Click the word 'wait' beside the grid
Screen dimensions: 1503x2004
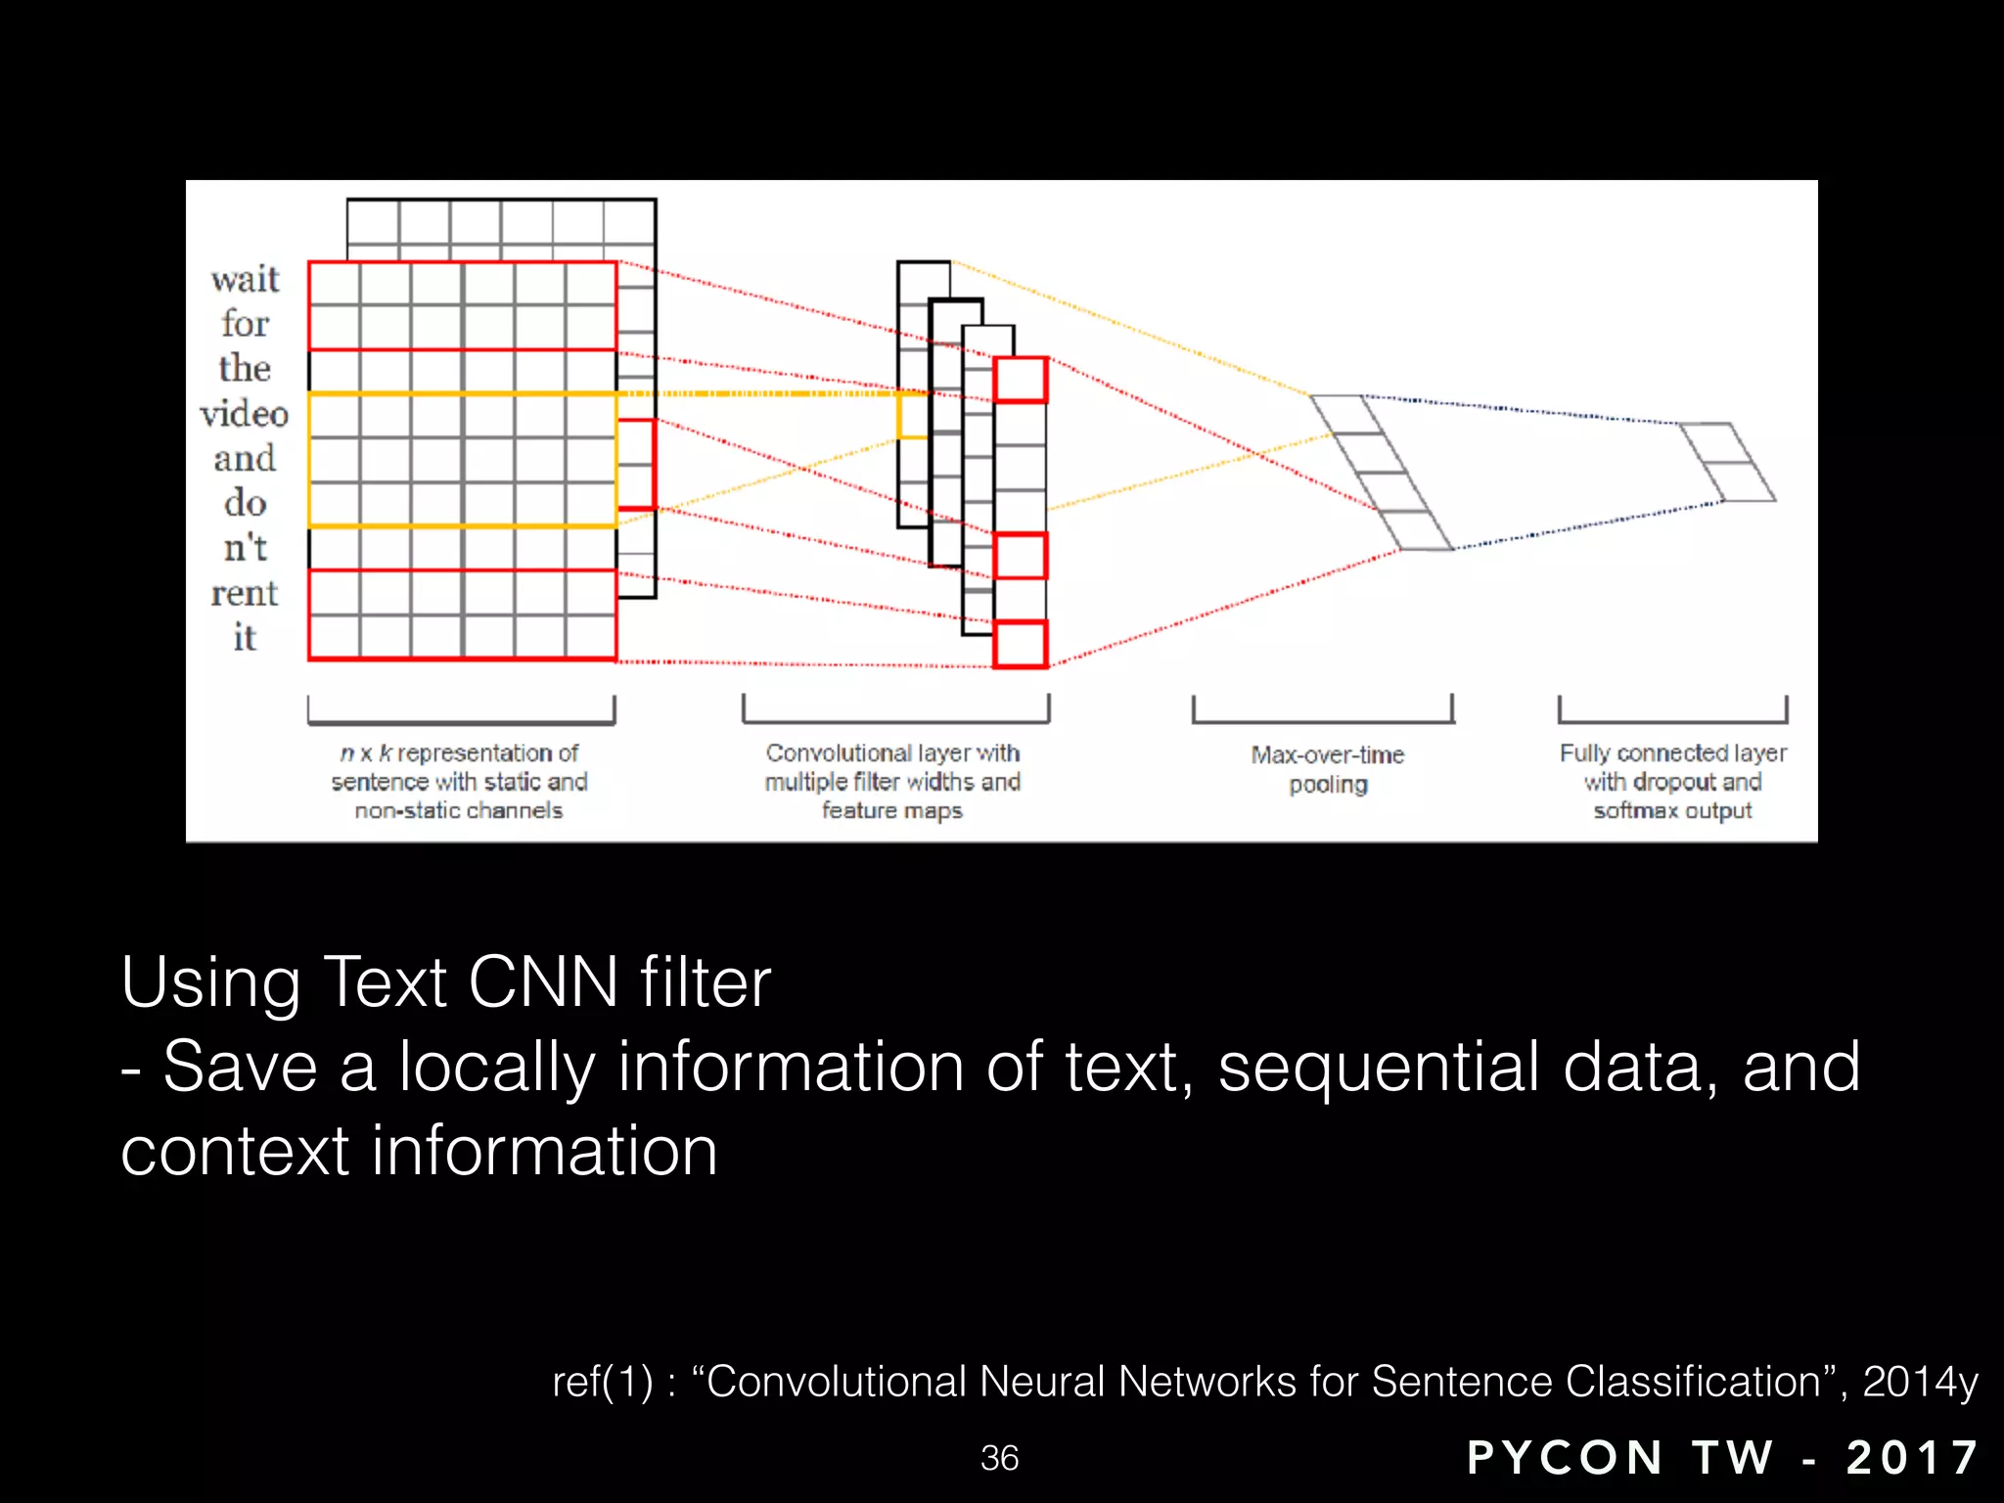tap(245, 280)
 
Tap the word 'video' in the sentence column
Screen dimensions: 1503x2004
tap(245, 414)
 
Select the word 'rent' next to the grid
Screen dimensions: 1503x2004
tap(245, 593)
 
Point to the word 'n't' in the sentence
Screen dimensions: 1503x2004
tap(245, 548)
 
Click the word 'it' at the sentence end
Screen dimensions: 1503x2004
tap(245, 638)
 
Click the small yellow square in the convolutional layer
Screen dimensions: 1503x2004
tap(912, 416)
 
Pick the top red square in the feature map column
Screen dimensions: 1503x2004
tap(1021, 380)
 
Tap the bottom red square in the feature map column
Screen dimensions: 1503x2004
tap(1021, 644)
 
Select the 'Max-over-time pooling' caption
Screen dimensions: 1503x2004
tap(1327, 769)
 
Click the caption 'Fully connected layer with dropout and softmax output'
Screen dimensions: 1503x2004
tap(1672, 781)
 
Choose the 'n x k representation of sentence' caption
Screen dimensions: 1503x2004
tap(459, 781)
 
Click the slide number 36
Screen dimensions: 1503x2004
tap(999, 1458)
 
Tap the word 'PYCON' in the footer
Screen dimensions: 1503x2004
tap(1565, 1458)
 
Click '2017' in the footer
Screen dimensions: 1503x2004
tap(1912, 1458)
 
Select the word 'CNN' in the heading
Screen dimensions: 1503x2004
tap(543, 982)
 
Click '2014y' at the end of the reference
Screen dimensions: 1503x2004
tap(1919, 1382)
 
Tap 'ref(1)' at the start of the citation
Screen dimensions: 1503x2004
tap(602, 1382)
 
